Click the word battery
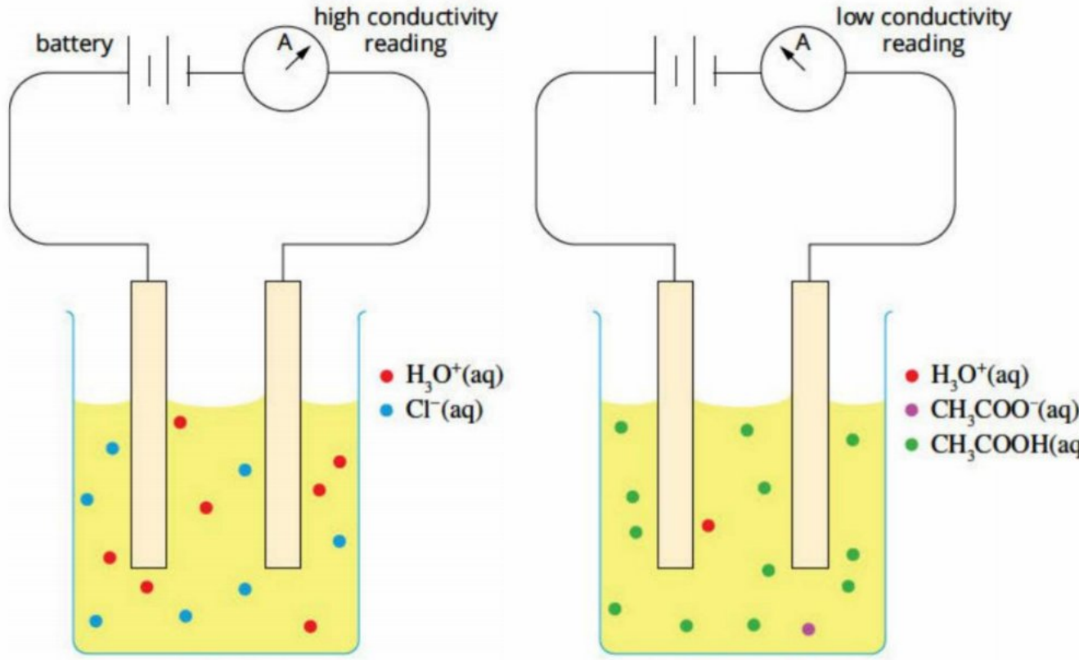click(74, 45)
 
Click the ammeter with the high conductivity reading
click(286, 69)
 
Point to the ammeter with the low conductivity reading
click(803, 69)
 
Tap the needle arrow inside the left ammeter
click(297, 59)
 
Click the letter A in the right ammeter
click(803, 43)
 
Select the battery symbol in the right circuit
click(685, 70)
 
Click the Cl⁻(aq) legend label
click(443, 411)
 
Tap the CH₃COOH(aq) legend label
click(1004, 445)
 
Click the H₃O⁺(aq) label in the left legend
click(454, 376)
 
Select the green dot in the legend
click(911, 445)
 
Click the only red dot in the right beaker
click(708, 526)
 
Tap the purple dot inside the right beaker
click(809, 629)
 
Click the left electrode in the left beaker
click(149, 425)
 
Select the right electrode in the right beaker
click(810, 425)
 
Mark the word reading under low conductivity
click(924, 45)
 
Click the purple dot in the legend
click(911, 411)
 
